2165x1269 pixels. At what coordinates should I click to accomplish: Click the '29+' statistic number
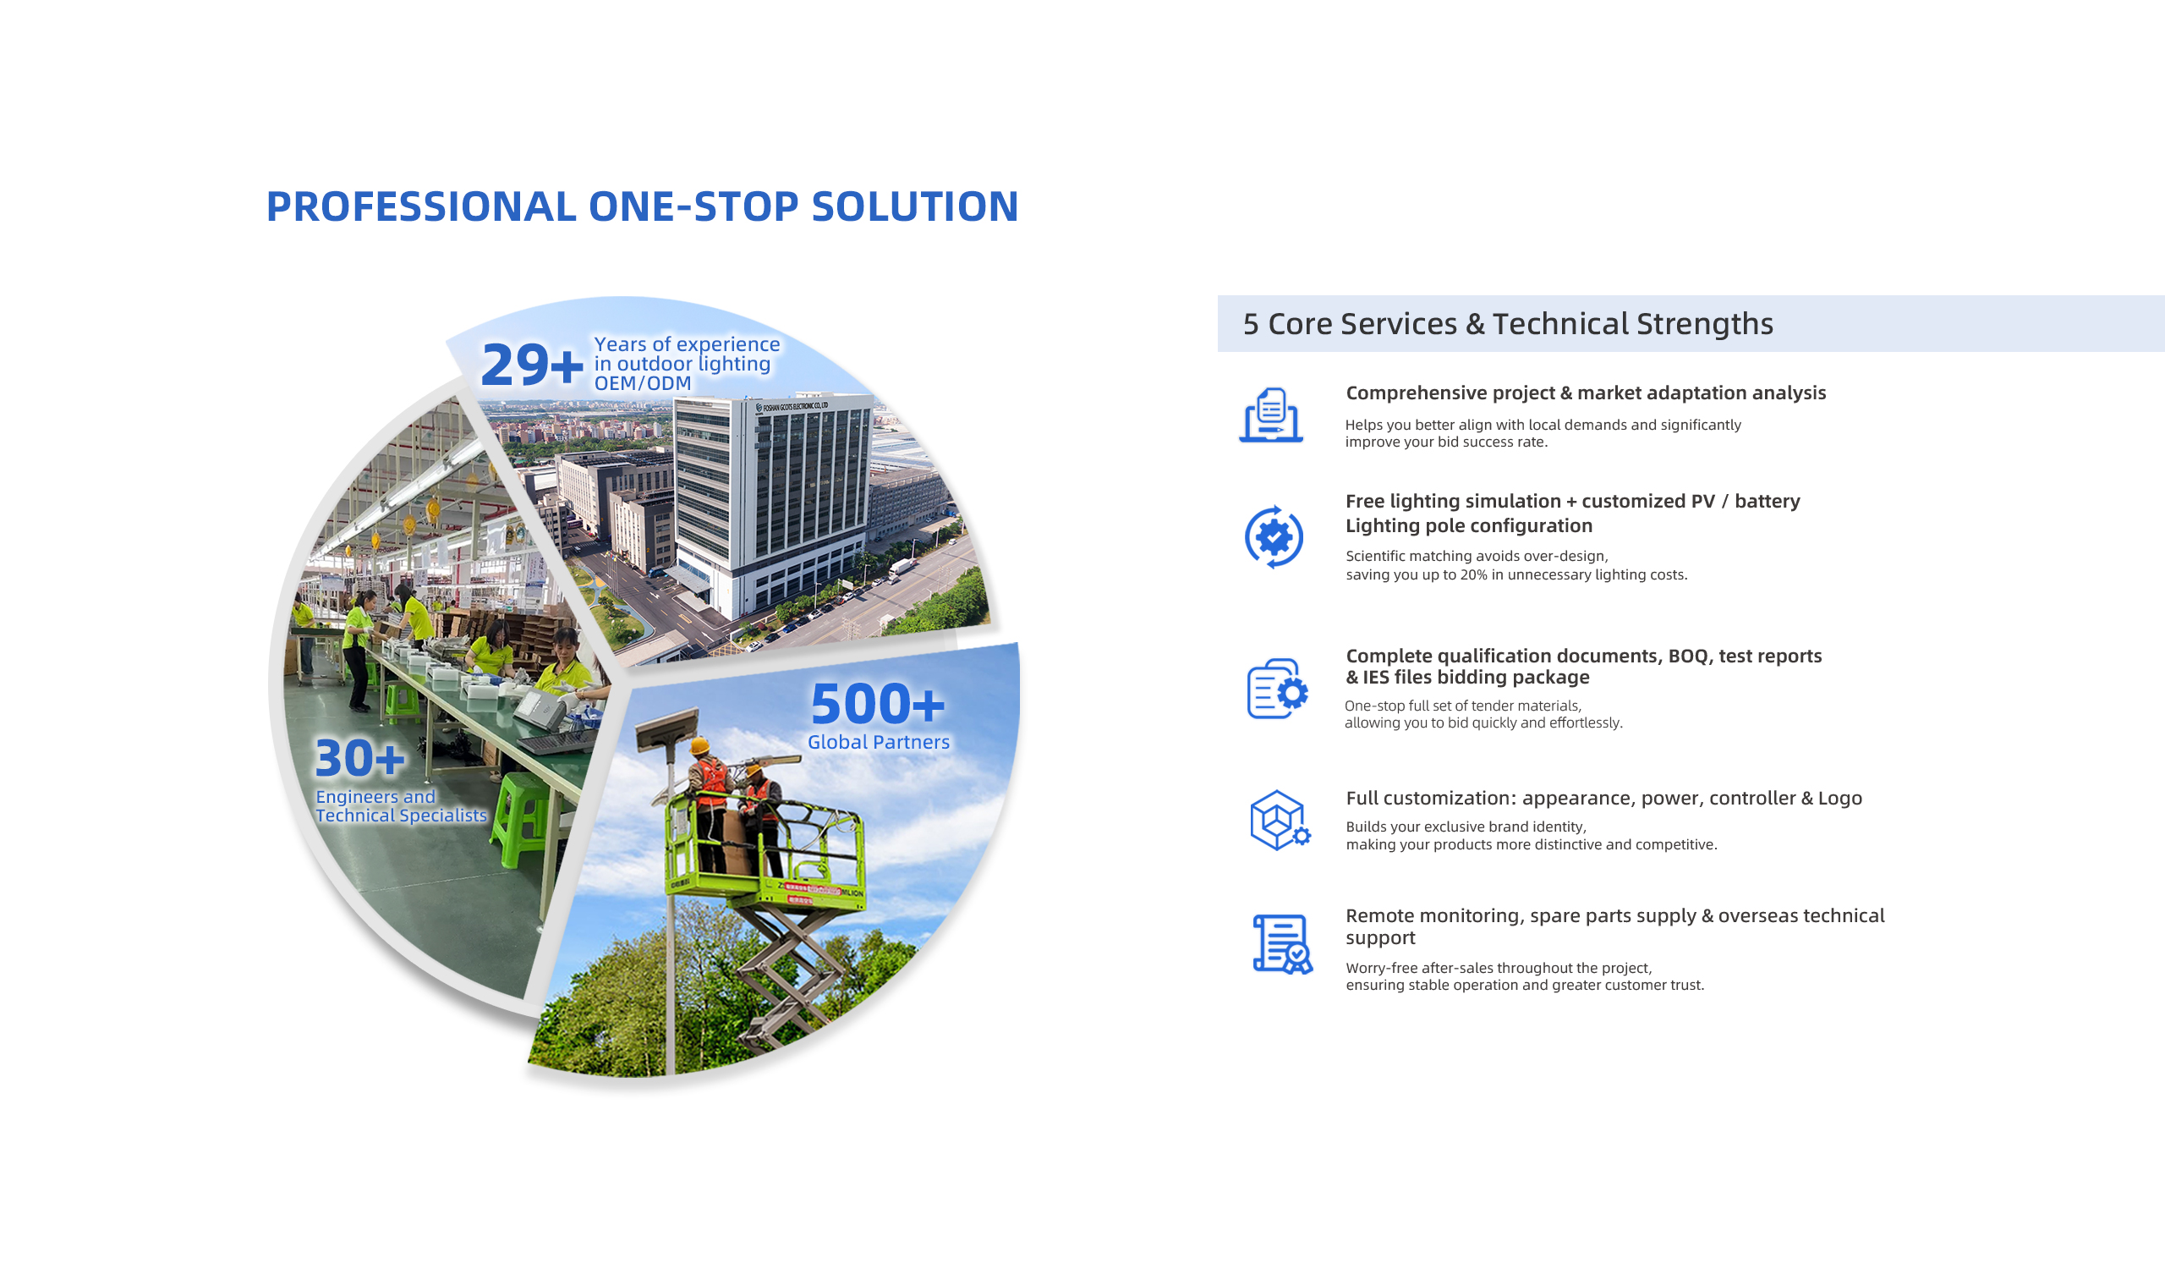click(x=532, y=365)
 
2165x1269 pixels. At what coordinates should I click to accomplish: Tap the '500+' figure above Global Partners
click(x=877, y=704)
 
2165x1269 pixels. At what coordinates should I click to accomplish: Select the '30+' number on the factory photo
click(x=360, y=758)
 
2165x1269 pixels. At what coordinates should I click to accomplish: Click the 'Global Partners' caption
click(x=878, y=742)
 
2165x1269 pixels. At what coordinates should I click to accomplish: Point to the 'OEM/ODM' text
click(x=643, y=383)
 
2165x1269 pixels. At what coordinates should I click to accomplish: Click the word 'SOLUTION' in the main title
click(x=914, y=206)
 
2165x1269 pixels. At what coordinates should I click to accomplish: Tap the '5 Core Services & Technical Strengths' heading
click(x=1508, y=324)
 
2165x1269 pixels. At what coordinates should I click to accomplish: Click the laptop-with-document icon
click(x=1270, y=415)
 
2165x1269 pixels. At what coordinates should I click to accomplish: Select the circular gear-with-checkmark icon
click(x=1274, y=537)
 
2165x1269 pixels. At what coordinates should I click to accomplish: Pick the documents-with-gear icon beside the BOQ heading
click(x=1278, y=688)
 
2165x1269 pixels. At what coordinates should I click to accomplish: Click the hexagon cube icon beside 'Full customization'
click(x=1280, y=821)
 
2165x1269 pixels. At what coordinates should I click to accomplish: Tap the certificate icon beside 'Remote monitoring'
click(x=1283, y=944)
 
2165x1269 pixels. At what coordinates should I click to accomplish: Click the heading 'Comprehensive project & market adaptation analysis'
click(x=1586, y=393)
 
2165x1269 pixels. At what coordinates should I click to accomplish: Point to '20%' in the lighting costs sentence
click(x=1473, y=574)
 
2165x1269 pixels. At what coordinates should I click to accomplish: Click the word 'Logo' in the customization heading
click(x=1839, y=798)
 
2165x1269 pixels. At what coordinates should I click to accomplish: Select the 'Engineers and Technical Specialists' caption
click(x=400, y=806)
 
